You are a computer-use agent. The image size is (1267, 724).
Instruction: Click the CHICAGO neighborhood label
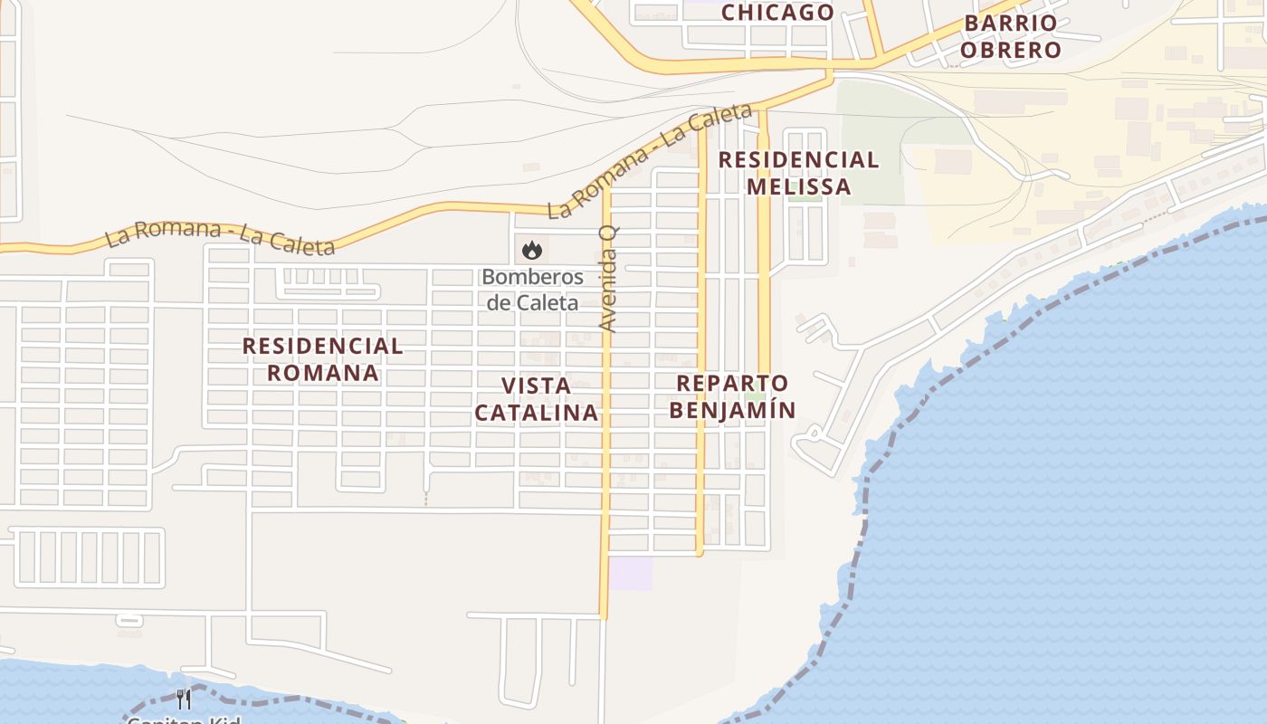pyautogui.click(x=777, y=12)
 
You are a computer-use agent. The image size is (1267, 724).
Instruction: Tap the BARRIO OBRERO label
pyautogui.click(x=1010, y=36)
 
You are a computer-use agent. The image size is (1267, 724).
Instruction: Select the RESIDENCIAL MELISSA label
pyautogui.click(x=798, y=173)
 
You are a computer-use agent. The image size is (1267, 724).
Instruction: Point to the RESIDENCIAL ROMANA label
pyautogui.click(x=322, y=358)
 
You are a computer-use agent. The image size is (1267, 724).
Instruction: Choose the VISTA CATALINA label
pyautogui.click(x=537, y=398)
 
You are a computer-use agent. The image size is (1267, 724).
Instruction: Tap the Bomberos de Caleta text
pyautogui.click(x=532, y=290)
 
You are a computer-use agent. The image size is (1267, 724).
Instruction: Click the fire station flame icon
pyautogui.click(x=532, y=249)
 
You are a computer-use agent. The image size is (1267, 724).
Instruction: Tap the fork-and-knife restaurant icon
pyautogui.click(x=184, y=699)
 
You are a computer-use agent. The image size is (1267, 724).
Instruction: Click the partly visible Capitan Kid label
pyautogui.click(x=184, y=719)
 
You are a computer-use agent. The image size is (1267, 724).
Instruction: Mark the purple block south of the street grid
pyautogui.click(x=631, y=574)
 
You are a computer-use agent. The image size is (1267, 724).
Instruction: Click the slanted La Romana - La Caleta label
pyautogui.click(x=650, y=160)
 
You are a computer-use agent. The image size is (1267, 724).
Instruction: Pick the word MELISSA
pyautogui.click(x=798, y=186)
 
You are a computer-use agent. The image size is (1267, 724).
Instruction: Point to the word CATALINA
pyautogui.click(x=537, y=413)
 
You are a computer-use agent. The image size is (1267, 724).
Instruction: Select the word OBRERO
pyautogui.click(x=1010, y=50)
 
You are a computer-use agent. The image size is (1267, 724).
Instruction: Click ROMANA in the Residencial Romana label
pyautogui.click(x=322, y=373)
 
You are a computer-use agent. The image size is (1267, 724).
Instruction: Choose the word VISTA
pyautogui.click(x=537, y=386)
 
